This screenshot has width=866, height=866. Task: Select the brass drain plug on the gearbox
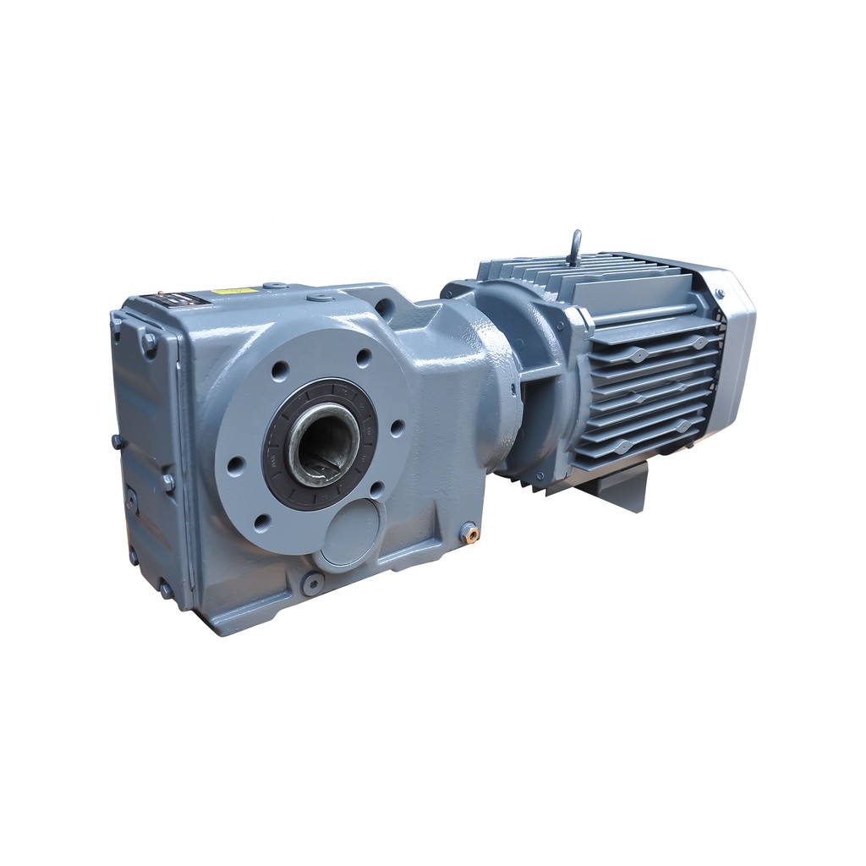click(468, 532)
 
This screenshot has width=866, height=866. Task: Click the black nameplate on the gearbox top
click(178, 299)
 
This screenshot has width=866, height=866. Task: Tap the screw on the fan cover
click(720, 293)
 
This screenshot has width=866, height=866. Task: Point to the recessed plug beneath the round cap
click(314, 582)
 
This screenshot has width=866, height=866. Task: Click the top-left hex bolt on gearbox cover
click(149, 342)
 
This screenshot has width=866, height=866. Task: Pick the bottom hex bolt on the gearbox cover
click(166, 589)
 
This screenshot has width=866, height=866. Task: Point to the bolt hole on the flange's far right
click(396, 428)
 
